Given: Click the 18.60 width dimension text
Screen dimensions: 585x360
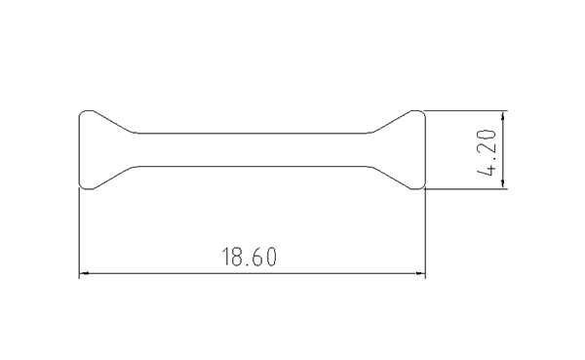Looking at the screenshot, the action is point(250,257).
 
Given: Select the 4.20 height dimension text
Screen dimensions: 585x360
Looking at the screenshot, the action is point(487,152).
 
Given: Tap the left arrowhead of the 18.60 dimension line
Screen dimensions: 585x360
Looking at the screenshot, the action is point(84,273).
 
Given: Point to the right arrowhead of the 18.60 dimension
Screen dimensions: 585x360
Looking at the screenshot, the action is point(420,273).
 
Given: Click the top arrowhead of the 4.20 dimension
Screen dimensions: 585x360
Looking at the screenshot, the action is point(503,116).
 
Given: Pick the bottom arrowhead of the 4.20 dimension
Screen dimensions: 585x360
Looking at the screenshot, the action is point(503,184).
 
